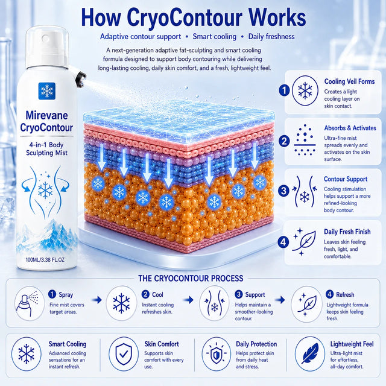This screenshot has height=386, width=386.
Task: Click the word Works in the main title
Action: [x=277, y=17]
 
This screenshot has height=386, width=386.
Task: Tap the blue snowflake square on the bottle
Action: [x=47, y=91]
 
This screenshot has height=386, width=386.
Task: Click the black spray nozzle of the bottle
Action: [x=81, y=79]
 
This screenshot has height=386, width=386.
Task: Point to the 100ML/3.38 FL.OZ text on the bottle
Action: [x=45, y=260]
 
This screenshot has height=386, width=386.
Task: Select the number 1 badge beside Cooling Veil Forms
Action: [x=284, y=90]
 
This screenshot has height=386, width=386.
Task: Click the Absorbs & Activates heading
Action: [x=350, y=128]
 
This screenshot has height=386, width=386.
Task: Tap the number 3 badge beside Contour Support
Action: [x=283, y=191]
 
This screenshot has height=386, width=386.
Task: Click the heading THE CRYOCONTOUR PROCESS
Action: [x=191, y=278]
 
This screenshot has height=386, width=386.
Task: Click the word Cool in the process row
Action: [x=157, y=294]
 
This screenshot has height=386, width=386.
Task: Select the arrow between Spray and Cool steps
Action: [x=96, y=300]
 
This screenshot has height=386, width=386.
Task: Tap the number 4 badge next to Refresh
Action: [x=329, y=294]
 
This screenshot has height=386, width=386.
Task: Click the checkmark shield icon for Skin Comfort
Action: [x=124, y=354]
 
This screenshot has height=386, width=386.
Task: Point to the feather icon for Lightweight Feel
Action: [x=310, y=354]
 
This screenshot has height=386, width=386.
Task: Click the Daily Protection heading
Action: [x=256, y=344]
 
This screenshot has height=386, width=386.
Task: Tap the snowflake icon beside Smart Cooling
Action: [x=27, y=354]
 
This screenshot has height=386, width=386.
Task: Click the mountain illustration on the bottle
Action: [x=47, y=236]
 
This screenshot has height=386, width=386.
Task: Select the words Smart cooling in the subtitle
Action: [x=215, y=37]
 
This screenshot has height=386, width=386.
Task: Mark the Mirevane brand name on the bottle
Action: [x=47, y=115]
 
